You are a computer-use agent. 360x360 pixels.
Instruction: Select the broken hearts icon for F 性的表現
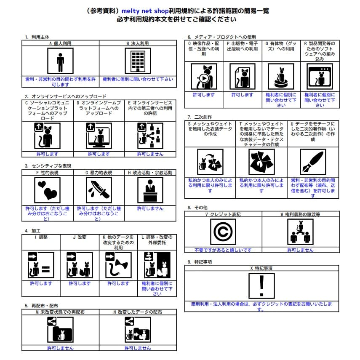47,190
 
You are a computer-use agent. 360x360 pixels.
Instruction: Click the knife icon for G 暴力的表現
99,190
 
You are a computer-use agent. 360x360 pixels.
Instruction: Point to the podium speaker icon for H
150,190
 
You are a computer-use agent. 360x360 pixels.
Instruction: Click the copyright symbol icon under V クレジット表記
223,232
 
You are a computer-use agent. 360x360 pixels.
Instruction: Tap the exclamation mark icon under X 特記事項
261,285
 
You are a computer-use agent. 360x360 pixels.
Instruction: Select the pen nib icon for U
312,162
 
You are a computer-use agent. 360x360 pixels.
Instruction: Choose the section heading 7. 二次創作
200,117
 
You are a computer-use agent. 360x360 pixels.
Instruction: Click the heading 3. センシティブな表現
47,166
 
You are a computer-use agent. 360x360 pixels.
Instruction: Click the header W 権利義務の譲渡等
300,214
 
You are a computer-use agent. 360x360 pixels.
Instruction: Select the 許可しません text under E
150,154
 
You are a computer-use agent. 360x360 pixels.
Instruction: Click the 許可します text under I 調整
41,283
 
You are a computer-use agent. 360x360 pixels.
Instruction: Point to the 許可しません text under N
138,348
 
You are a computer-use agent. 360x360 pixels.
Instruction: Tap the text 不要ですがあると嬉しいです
223,250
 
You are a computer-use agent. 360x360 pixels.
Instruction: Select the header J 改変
80,237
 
